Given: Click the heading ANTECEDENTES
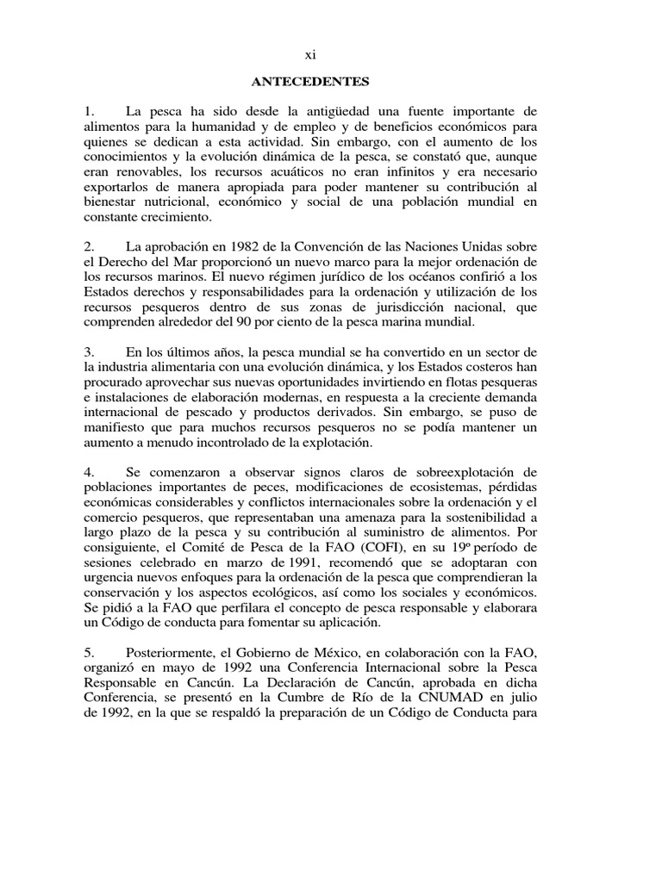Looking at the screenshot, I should [x=310, y=82].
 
